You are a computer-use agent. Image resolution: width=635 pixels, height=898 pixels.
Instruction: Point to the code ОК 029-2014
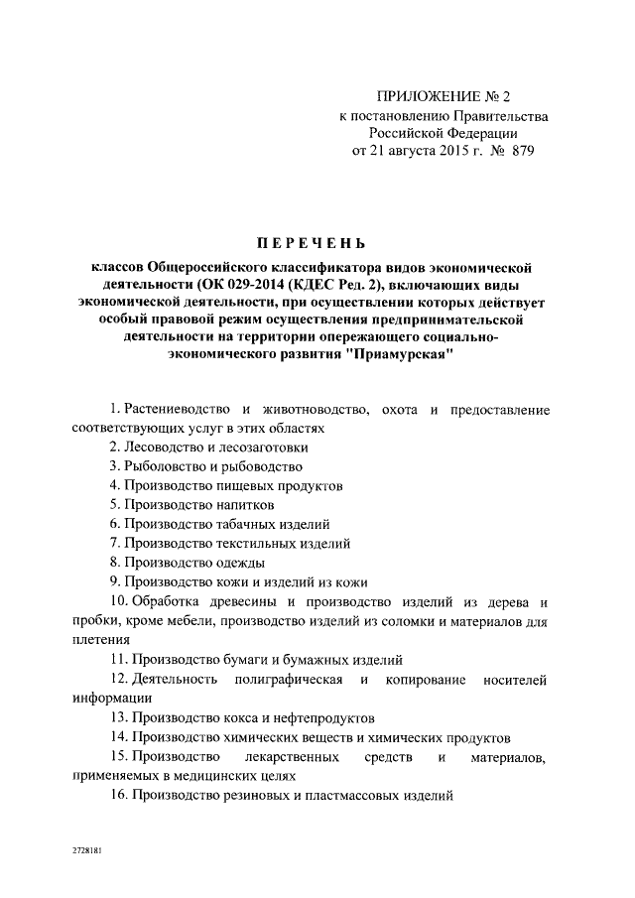[230, 285]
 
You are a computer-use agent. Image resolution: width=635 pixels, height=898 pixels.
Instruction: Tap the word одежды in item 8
[229, 563]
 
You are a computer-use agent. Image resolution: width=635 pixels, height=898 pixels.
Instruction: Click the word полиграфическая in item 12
[289, 679]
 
